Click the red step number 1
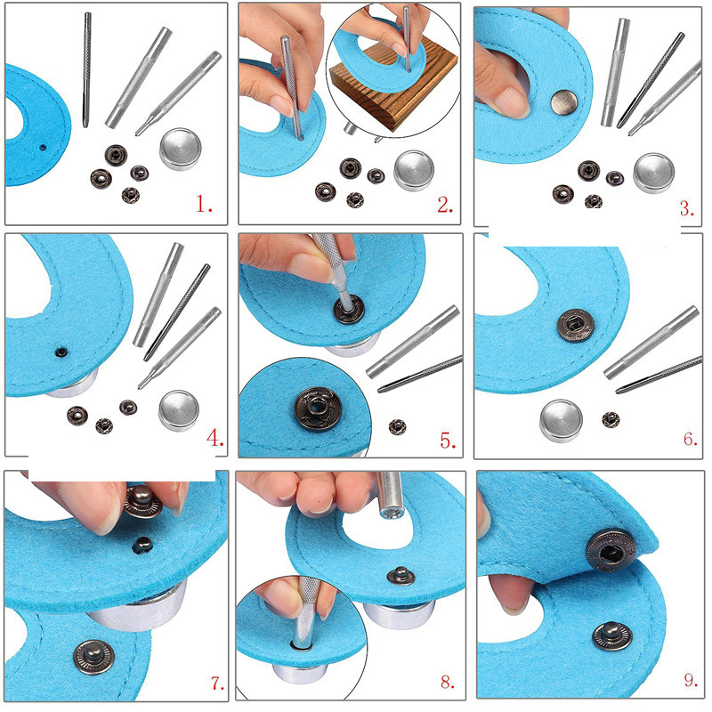(204, 204)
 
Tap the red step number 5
(448, 441)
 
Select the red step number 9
(692, 680)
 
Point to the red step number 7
(217, 683)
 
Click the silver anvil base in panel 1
(181, 149)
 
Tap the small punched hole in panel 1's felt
(43, 148)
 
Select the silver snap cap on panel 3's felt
(564, 102)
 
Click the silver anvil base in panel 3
(653, 173)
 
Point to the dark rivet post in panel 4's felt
(61, 352)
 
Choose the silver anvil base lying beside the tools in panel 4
(179, 410)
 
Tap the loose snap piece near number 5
(397, 427)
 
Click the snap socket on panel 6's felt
(575, 325)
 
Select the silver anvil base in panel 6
(562, 420)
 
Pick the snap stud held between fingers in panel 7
(142, 501)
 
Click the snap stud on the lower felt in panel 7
(94, 657)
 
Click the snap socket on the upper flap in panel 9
(611, 550)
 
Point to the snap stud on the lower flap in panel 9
(612, 635)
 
